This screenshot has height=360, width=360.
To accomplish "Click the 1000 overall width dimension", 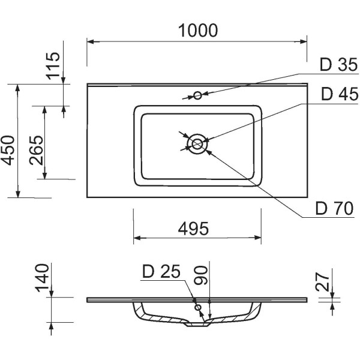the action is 198,31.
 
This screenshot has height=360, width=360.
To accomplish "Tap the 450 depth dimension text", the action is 8,151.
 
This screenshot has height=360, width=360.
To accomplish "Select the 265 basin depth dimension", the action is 36,151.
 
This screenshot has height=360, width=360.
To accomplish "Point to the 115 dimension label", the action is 53,66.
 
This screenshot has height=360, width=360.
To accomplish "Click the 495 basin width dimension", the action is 193,229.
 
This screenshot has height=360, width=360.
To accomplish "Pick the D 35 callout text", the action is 338,65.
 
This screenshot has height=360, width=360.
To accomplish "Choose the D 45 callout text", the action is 340,94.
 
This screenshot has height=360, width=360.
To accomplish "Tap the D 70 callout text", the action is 335,208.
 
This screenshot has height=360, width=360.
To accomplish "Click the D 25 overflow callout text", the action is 161,271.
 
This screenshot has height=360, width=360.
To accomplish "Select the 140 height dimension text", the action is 42,278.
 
